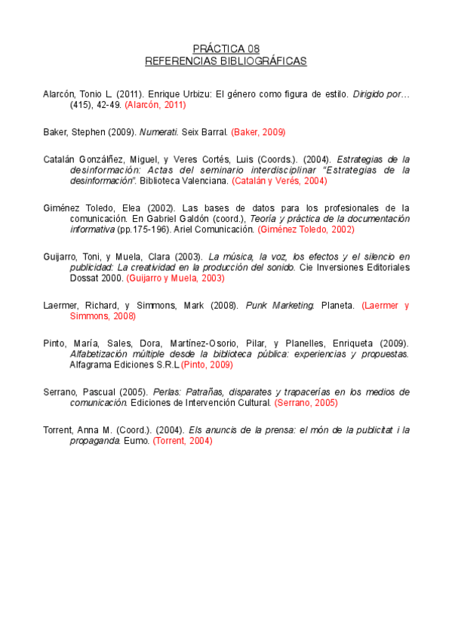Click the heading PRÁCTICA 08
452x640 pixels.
pos(226,48)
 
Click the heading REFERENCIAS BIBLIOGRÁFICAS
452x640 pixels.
pos(226,60)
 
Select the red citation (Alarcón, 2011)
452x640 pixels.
pos(155,105)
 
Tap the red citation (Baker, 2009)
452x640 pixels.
pos(258,132)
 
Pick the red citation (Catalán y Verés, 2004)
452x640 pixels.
pos(279,181)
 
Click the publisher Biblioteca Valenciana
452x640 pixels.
pos(186,181)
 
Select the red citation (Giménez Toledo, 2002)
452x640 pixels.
pos(306,229)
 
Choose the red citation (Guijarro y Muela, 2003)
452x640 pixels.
pos(175,278)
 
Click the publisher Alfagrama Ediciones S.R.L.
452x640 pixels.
pos(125,365)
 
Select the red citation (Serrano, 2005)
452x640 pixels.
pos(306,403)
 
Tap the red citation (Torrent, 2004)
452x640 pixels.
pos(183,441)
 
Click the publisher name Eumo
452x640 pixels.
pos(138,441)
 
